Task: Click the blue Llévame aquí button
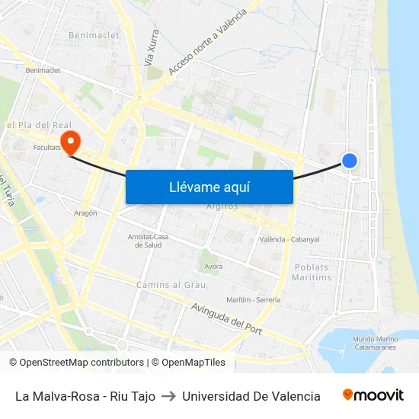pos(209,187)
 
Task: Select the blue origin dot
pos(350,160)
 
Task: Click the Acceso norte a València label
pos(207,43)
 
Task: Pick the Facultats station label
pos(47,147)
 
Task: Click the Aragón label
pos(85,213)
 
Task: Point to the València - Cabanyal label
pos(289,239)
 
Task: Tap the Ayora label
pos(213,267)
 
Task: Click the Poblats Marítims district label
pos(312,272)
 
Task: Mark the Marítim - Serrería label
pos(254,299)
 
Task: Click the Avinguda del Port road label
pos(227,317)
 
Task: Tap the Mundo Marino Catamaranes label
pos(376,342)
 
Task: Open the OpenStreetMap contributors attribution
pos(77,363)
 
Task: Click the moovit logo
pos(373,395)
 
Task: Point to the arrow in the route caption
pos(168,396)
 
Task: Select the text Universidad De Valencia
pos(251,396)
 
